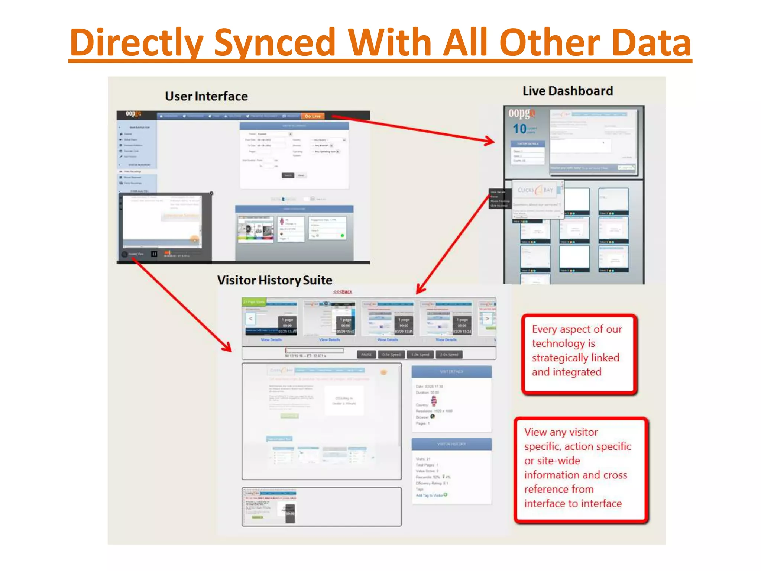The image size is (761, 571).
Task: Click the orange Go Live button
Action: (313, 116)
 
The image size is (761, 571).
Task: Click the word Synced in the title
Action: (275, 43)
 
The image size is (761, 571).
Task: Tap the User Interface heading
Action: (206, 96)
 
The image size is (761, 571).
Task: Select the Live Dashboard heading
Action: (568, 91)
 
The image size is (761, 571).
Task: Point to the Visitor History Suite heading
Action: (275, 280)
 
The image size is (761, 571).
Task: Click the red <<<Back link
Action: (342, 292)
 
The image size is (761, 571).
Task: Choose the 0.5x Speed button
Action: (391, 355)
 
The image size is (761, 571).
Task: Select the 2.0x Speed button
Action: (449, 355)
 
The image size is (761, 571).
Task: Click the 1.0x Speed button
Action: (420, 355)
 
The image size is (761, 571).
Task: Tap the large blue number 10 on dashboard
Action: (519, 129)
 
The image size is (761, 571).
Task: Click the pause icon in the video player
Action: (154, 254)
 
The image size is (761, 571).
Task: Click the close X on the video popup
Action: (211, 193)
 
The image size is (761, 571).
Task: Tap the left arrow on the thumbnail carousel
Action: (250, 319)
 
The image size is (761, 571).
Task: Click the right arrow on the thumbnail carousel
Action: (487, 319)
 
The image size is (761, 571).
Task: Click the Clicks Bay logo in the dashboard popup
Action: (535, 190)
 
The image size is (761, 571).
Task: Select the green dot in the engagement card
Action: (342, 236)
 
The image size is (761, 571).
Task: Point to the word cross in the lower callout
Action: (615, 475)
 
